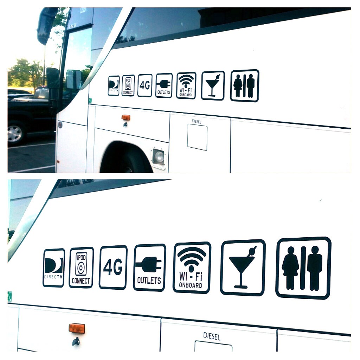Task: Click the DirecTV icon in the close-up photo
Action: tap(54, 268)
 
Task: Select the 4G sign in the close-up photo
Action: tap(113, 268)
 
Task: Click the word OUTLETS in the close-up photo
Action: tap(149, 281)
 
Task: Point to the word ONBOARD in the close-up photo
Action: tap(191, 285)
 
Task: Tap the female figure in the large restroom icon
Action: tap(290, 268)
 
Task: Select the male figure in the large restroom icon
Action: tap(315, 268)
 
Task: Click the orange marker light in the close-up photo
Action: tap(77, 328)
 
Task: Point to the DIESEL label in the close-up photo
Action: tap(212, 336)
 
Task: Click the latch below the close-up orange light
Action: tap(76, 341)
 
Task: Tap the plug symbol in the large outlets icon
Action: tap(148, 264)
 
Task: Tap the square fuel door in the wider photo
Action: tap(197, 137)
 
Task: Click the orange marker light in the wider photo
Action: tap(126, 117)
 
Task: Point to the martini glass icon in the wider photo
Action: tap(213, 85)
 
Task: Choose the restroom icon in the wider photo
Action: tap(244, 86)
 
